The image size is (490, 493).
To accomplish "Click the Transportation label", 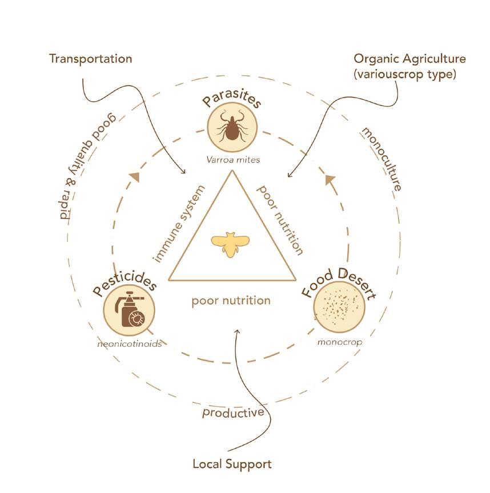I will pos(91,59).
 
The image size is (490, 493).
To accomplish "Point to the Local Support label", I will pos(232,464).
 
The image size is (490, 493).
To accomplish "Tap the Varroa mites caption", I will pos(232,160).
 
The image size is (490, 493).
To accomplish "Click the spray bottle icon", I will pos(130,312).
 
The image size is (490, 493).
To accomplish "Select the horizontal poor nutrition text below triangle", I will pos(231,300).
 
